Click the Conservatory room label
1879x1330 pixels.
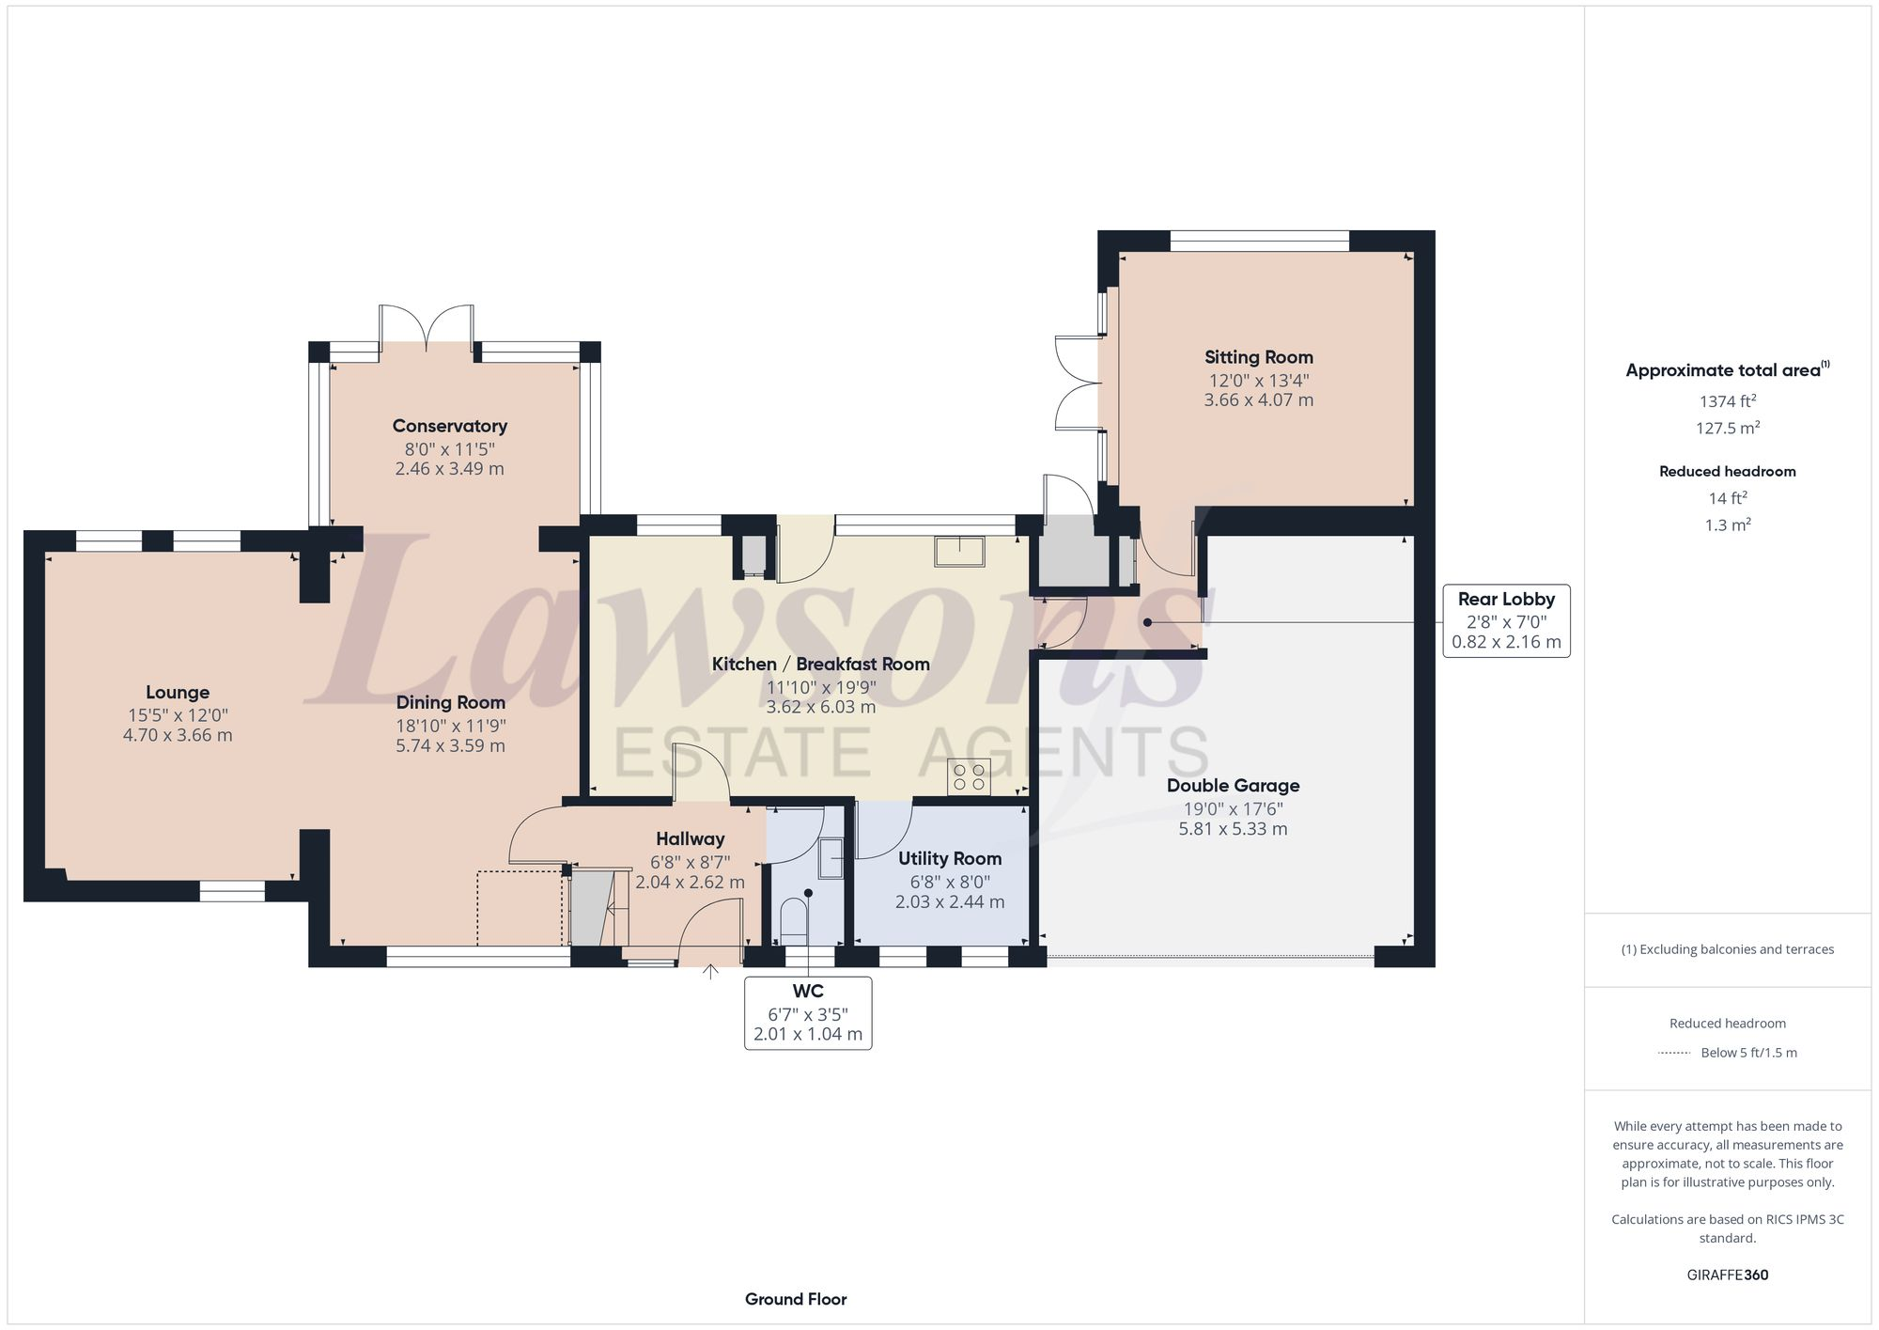(x=449, y=426)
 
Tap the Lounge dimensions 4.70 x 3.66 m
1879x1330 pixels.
(x=178, y=735)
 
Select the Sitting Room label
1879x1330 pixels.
(x=1259, y=357)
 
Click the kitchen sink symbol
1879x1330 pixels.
(x=959, y=551)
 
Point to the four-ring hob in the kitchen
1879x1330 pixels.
(x=969, y=777)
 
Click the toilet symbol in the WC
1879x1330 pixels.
(x=794, y=921)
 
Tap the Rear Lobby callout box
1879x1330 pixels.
(x=1506, y=620)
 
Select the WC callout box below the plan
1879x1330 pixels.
(x=808, y=1012)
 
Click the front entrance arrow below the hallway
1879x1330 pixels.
(x=710, y=971)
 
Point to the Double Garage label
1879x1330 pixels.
(x=1233, y=786)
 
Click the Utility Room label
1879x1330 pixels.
(x=949, y=858)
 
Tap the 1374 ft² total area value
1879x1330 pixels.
(x=1727, y=401)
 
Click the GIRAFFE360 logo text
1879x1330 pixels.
(x=1727, y=1275)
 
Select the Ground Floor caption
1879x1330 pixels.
(x=796, y=1299)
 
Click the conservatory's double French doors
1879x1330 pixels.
(x=427, y=328)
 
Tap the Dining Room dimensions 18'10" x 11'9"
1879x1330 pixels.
(x=450, y=726)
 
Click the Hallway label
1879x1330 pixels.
(x=690, y=838)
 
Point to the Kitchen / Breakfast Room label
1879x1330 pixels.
(x=820, y=664)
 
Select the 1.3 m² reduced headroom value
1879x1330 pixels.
(x=1727, y=525)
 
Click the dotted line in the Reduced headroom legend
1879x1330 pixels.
(x=1674, y=1053)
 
